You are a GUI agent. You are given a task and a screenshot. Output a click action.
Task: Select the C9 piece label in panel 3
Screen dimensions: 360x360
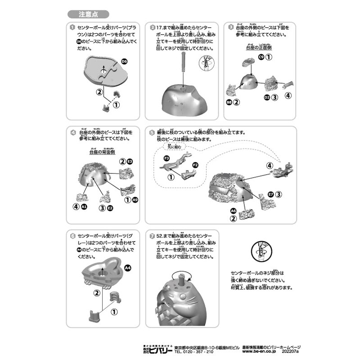coord(261,57)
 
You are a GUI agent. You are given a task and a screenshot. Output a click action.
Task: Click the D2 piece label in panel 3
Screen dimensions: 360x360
coord(266,97)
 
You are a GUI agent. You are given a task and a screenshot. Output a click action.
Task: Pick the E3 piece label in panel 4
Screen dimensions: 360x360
coord(130,161)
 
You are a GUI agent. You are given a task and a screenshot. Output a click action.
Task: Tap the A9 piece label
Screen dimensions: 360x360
coord(135,199)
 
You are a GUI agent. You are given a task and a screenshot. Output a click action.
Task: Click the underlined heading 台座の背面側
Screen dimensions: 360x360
coord(103,152)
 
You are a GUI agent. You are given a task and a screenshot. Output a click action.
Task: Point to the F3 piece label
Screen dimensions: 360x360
coord(166,158)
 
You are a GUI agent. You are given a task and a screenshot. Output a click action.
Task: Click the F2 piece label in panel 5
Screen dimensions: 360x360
coord(195,166)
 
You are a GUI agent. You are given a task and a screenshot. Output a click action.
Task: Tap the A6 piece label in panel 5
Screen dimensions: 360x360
coord(233,211)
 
